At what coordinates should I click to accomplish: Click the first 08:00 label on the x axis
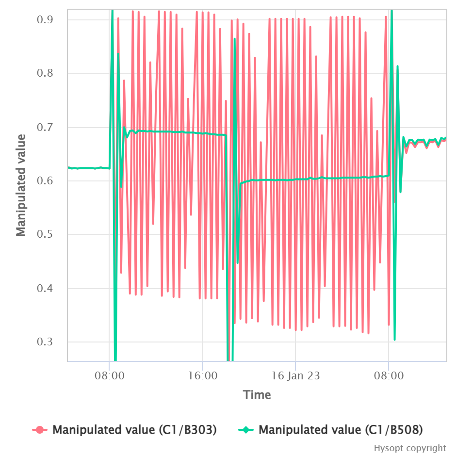(x=110, y=375)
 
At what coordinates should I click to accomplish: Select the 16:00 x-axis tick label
(x=202, y=375)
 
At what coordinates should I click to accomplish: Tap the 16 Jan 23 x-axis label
(x=295, y=375)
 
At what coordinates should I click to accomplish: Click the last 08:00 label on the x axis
(x=389, y=375)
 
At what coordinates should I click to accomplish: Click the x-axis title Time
(x=257, y=395)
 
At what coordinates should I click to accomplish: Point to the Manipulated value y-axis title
(x=21, y=185)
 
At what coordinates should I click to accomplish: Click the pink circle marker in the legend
(x=40, y=430)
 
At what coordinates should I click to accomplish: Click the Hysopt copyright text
(x=410, y=448)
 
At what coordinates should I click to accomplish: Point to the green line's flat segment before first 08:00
(x=87, y=168)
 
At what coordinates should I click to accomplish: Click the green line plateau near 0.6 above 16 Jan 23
(x=296, y=179)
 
